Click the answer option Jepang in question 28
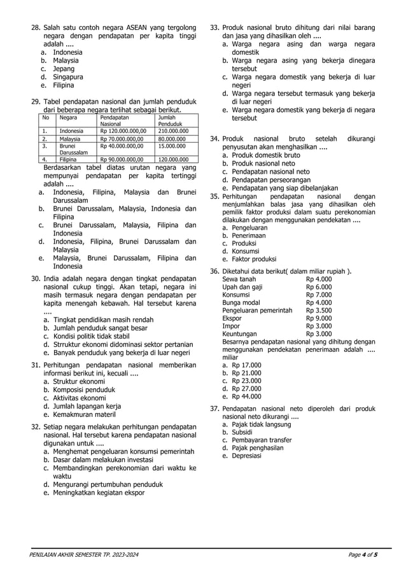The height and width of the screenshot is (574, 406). point(63,69)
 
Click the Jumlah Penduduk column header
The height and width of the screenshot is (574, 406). point(169,121)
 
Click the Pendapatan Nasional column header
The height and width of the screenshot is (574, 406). point(115,121)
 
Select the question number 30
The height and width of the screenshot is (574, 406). point(36,279)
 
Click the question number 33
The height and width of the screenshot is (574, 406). point(215,29)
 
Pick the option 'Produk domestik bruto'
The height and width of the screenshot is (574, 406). point(266,155)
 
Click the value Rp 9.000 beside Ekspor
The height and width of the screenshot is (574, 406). point(319,318)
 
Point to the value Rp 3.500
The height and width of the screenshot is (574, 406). point(319,311)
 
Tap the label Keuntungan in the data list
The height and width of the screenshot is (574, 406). point(240,333)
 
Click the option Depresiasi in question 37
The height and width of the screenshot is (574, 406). point(248,456)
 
